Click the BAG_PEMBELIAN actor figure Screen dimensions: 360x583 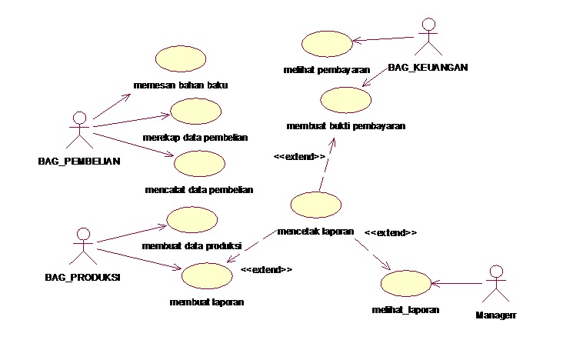pos(78,131)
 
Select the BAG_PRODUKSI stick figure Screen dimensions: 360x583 pos(84,245)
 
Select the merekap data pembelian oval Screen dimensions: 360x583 pos(195,112)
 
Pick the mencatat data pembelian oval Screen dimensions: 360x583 pos(199,164)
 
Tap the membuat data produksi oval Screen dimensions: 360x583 pos(192,220)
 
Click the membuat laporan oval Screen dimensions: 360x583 pos(206,276)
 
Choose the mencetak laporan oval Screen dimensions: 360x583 pos(316,205)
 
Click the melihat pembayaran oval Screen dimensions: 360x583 pos(326,44)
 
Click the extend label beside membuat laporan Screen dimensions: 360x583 pos(266,270)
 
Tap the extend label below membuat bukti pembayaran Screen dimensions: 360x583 pos(300,156)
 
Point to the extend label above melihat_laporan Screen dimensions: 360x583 pos(391,232)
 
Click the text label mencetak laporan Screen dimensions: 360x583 pos(315,231)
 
